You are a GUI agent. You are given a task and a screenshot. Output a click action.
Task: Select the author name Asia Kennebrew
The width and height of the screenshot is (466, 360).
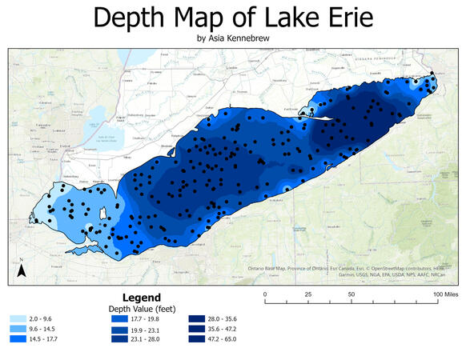click(232, 38)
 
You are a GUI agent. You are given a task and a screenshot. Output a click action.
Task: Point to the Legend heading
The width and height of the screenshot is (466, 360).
click(145, 295)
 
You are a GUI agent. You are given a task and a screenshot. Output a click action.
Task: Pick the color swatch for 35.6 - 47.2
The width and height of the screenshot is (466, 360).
click(200, 329)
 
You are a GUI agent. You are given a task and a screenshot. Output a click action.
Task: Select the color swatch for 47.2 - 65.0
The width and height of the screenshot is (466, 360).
click(200, 340)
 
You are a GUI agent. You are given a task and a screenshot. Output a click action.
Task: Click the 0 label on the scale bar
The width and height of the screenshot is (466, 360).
click(265, 295)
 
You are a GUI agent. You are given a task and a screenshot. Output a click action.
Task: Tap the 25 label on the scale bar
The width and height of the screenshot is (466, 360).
click(308, 295)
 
